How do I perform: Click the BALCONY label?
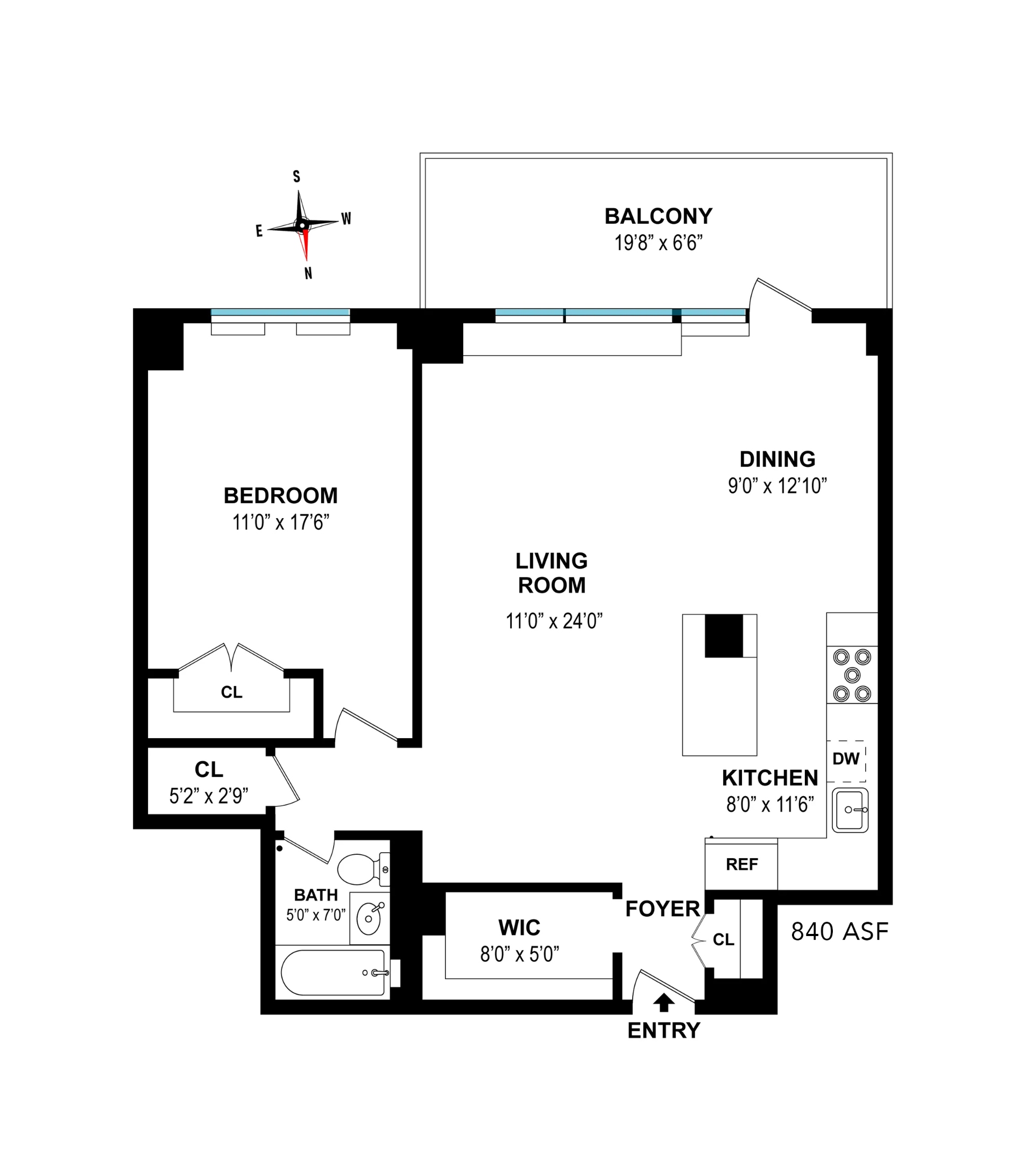click(x=659, y=216)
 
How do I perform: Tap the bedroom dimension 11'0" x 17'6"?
click(x=281, y=522)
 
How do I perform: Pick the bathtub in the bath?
click(x=333, y=972)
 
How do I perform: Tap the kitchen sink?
click(x=850, y=810)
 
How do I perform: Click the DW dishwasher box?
click(x=846, y=761)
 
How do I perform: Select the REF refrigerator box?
click(x=741, y=865)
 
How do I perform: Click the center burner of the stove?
click(x=852, y=675)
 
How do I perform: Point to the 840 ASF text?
click(x=840, y=931)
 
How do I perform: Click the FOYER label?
click(x=663, y=909)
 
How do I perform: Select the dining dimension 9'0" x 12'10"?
click(x=777, y=485)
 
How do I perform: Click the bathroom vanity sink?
click(x=370, y=918)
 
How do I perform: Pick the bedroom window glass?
click(x=280, y=312)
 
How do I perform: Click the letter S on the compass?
click(x=296, y=177)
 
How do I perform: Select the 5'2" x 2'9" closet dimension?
click(x=209, y=796)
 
